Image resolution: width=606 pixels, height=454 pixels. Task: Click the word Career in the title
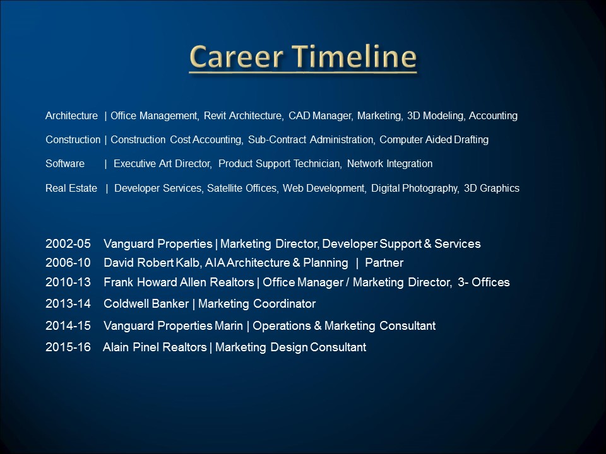(236, 57)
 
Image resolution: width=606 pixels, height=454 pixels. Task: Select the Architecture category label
(71, 116)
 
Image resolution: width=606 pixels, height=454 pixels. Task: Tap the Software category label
(65, 164)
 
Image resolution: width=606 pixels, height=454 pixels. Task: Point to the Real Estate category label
(71, 189)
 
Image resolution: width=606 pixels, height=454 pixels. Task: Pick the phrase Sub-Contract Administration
(311, 140)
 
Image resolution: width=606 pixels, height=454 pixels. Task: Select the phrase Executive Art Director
(162, 164)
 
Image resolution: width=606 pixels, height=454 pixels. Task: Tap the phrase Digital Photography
(415, 189)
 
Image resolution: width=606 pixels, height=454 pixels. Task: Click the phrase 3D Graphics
(492, 189)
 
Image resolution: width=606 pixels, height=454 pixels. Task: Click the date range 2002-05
(68, 243)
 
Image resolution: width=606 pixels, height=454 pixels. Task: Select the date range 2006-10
(68, 263)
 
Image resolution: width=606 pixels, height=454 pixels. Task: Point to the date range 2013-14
(68, 304)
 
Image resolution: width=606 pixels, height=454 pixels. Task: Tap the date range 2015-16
(68, 347)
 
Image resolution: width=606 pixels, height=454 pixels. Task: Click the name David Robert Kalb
(151, 263)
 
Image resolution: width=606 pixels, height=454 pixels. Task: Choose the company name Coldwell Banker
(146, 304)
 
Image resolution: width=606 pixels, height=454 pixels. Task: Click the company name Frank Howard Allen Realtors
(179, 282)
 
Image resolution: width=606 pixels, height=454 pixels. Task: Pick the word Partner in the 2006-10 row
(384, 263)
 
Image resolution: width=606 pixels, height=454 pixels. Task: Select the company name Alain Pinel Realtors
(155, 347)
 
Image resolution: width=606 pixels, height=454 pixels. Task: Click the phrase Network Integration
(389, 164)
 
